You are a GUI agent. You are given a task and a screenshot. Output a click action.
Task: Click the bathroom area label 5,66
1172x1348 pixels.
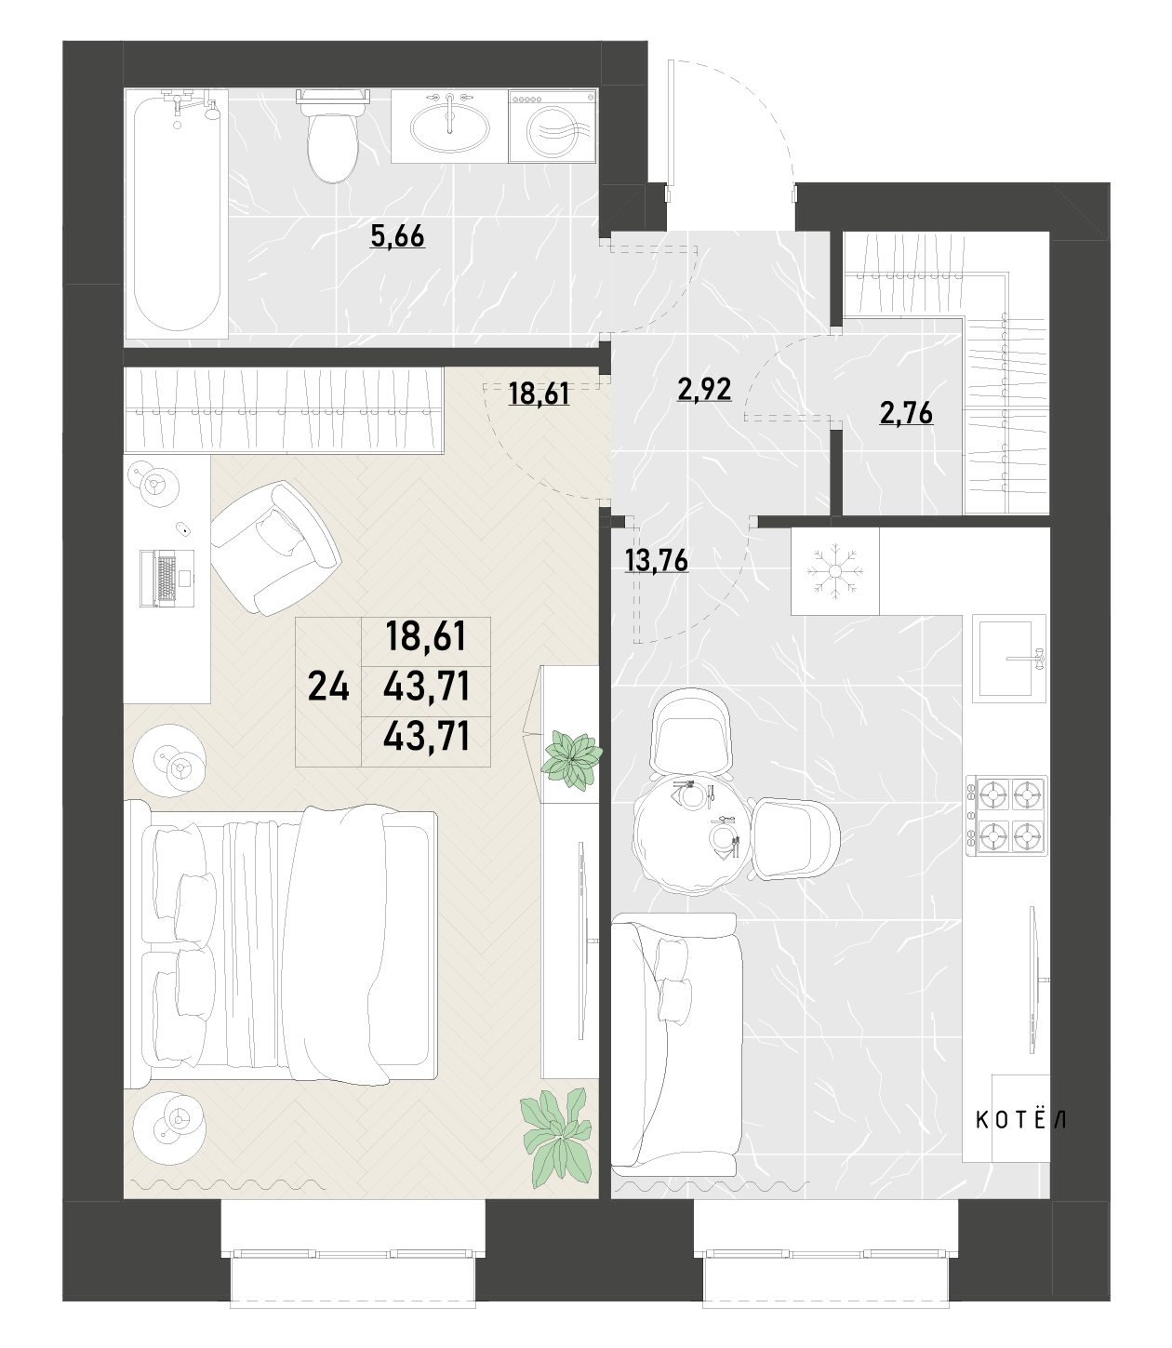tap(397, 235)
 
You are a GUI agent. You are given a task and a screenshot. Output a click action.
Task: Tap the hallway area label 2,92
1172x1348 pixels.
tap(704, 389)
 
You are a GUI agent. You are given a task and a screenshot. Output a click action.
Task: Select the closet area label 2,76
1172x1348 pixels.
tap(906, 413)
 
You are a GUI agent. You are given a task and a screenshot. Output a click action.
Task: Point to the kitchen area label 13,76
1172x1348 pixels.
tap(656, 560)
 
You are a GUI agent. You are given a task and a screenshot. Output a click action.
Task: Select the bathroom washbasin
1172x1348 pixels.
tap(449, 126)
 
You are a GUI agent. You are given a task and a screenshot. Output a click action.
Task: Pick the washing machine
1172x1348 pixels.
tap(553, 126)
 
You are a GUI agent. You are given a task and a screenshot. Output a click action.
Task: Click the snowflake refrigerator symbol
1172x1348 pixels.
tap(834, 571)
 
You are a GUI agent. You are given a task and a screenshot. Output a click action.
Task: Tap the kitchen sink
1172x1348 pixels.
tap(1008, 659)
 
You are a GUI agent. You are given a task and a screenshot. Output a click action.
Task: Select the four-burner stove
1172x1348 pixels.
tap(1006, 816)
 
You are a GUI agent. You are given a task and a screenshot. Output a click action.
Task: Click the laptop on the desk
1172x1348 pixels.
tap(166, 578)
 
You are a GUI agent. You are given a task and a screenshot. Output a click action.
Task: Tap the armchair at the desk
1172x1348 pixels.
tap(275, 548)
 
